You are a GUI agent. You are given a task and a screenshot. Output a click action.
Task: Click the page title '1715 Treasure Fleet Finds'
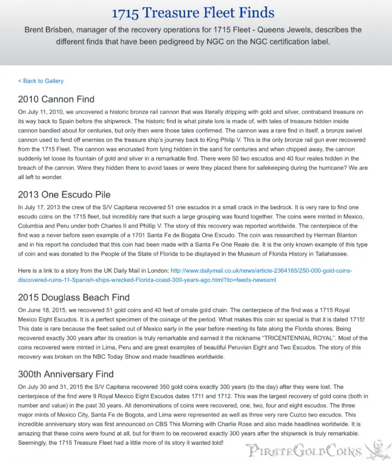pyautogui.click(x=193, y=13)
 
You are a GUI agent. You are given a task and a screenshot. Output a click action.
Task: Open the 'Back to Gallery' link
pyautogui.click(x=41, y=81)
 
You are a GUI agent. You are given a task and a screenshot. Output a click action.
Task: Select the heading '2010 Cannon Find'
pyautogui.click(x=56, y=100)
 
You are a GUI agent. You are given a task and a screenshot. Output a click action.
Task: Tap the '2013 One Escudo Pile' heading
pyautogui.click(x=64, y=194)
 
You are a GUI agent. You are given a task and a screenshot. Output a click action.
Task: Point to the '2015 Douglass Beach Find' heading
pyautogui.click(x=74, y=297)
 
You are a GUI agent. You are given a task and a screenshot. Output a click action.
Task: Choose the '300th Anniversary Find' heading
pyautogui.click(x=66, y=374)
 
